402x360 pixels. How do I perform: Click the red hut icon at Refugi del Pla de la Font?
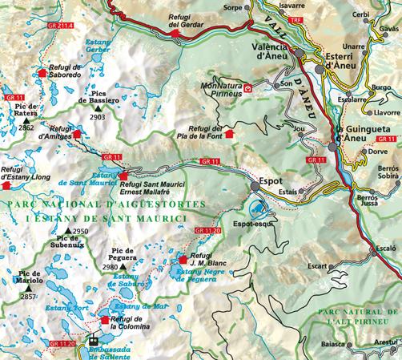click(x=231, y=134)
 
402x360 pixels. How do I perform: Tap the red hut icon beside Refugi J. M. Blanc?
click(x=183, y=260)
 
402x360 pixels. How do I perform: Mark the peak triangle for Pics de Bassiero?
click(x=98, y=107)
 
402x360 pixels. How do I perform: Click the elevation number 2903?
click(x=98, y=117)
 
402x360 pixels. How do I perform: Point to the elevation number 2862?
click(x=27, y=127)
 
